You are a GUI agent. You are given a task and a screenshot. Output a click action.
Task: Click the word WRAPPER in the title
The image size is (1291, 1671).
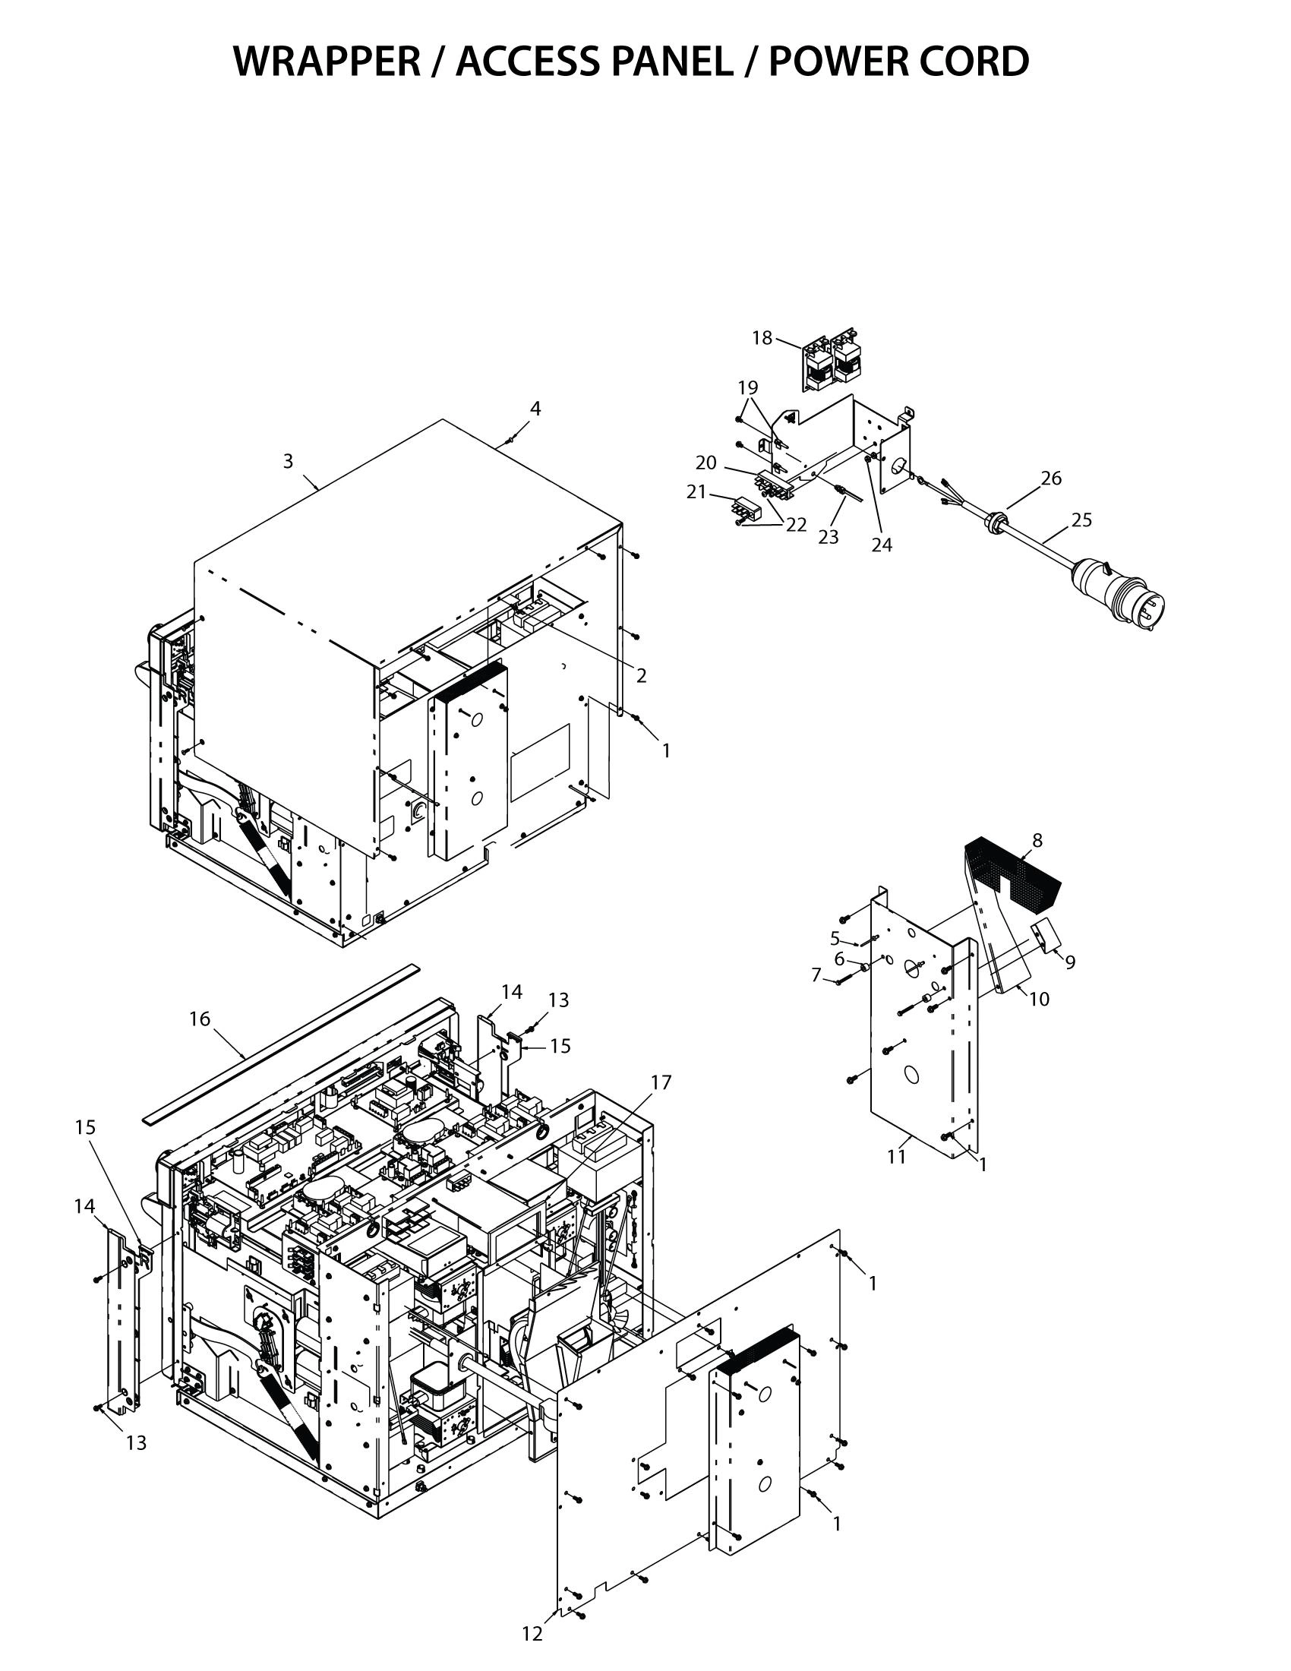click(x=326, y=62)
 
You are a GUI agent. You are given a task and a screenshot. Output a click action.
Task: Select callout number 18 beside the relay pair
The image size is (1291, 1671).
click(x=762, y=338)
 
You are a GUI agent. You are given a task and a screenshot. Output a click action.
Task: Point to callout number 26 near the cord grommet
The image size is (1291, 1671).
click(x=1051, y=479)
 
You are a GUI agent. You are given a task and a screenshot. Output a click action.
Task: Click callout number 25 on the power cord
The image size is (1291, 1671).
click(x=1081, y=520)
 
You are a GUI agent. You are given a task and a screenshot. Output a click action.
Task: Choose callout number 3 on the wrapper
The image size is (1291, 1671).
click(x=288, y=461)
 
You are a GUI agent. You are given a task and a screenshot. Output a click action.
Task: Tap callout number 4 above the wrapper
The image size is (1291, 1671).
click(x=535, y=409)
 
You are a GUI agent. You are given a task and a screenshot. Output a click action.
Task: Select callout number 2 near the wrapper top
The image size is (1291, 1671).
click(x=641, y=675)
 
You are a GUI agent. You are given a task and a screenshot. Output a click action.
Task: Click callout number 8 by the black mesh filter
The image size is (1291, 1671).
click(x=1037, y=840)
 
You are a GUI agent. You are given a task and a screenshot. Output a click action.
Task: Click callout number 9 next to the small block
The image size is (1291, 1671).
click(x=1069, y=962)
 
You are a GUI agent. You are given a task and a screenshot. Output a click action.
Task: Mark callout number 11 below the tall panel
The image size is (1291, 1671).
click(x=896, y=1156)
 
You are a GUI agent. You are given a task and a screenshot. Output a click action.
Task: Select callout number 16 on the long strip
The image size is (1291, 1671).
click(x=200, y=1019)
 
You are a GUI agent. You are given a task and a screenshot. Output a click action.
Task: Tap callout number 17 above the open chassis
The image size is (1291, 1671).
click(x=661, y=1082)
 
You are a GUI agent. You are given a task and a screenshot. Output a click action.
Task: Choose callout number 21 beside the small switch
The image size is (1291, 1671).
click(x=696, y=492)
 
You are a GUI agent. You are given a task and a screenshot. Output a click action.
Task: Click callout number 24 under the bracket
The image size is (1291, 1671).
click(x=882, y=545)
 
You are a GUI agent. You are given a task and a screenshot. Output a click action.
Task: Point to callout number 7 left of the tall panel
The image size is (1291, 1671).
click(x=816, y=975)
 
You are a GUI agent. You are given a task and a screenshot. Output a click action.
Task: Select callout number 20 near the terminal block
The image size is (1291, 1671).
click(x=706, y=463)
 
